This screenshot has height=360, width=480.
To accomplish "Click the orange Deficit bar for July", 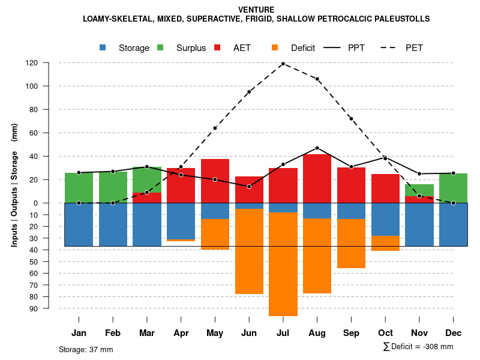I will click(x=283, y=264).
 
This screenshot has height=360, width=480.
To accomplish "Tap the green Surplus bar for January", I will click(x=79, y=188).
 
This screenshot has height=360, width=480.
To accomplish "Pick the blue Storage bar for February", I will click(x=113, y=224).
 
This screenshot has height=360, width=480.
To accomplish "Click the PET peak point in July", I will click(x=283, y=64).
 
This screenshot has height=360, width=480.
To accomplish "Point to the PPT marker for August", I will click(x=317, y=148).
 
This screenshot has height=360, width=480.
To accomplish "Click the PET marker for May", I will click(x=215, y=128).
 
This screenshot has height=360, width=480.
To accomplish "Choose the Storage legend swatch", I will click(x=103, y=47).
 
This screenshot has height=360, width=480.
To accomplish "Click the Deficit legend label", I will click(x=303, y=48).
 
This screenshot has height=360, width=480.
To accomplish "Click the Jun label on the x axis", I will click(x=249, y=333).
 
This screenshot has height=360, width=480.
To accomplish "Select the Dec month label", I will click(x=453, y=333).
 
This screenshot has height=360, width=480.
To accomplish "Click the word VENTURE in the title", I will click(x=256, y=10).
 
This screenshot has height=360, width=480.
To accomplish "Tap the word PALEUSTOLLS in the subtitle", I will click(x=400, y=19).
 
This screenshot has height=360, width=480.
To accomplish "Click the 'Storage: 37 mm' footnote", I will click(x=86, y=349).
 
